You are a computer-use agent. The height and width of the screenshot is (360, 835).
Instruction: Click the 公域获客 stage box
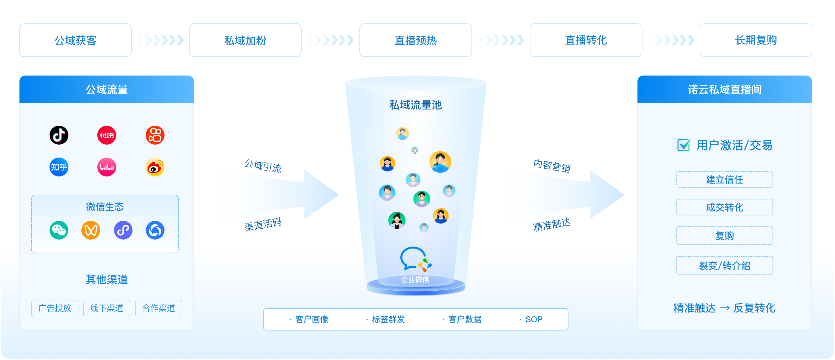click(75, 40)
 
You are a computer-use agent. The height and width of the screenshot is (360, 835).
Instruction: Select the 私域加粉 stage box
click(245, 40)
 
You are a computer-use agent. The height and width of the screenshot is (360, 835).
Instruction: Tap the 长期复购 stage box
click(756, 40)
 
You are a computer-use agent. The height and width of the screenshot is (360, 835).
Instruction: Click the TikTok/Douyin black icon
click(59, 135)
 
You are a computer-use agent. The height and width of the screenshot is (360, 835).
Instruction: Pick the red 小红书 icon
click(107, 135)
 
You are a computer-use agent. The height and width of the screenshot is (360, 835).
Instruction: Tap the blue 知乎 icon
click(59, 167)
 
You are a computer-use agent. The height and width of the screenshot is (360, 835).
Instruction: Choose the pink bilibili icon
click(107, 167)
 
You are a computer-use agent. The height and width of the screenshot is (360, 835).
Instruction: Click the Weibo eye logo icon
click(155, 167)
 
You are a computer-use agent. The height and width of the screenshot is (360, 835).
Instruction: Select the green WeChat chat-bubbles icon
click(59, 230)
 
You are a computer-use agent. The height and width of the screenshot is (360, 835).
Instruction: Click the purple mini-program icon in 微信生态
click(123, 230)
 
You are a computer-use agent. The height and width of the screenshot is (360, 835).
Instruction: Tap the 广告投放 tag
click(55, 308)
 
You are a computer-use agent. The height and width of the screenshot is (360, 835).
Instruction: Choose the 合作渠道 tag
click(159, 308)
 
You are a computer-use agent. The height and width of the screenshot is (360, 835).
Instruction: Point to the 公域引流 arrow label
click(263, 166)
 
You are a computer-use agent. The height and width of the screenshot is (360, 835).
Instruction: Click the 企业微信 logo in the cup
click(415, 259)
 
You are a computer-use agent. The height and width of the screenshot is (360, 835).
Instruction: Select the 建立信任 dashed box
click(724, 179)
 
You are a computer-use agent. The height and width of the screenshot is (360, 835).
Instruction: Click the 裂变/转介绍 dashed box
click(724, 266)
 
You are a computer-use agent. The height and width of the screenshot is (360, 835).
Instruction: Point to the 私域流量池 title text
click(415, 105)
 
